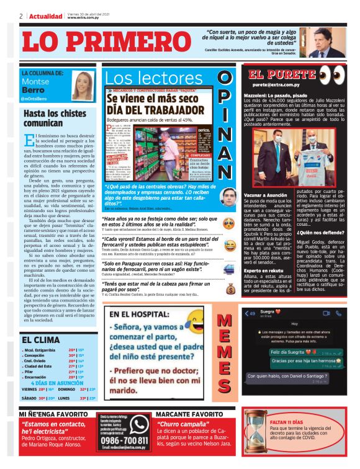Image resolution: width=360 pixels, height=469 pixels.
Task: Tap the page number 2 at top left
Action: coord(21,16)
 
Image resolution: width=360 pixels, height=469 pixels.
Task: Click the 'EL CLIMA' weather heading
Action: coord(40,340)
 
